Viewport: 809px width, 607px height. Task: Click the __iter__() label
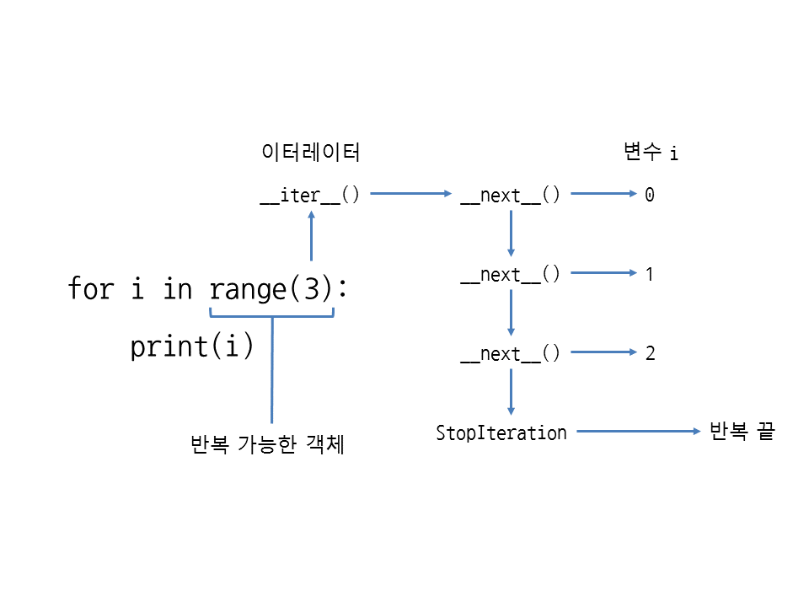point(309,196)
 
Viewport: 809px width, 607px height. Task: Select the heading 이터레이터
point(311,153)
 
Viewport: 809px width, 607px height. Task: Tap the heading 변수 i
point(650,153)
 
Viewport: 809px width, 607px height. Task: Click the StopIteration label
point(501,433)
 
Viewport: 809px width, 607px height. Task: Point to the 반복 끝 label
point(742,432)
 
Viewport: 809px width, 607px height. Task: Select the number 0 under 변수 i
point(650,196)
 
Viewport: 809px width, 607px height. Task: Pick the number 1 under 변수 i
point(650,275)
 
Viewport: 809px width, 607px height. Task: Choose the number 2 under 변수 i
point(650,354)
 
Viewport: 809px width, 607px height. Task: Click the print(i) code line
point(192,346)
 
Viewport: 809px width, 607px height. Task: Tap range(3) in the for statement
point(272,289)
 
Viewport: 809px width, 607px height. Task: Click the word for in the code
point(90,289)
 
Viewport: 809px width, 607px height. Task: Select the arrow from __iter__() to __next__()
point(411,194)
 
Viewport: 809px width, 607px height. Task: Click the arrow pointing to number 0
point(603,194)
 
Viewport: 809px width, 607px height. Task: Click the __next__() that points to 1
point(510,275)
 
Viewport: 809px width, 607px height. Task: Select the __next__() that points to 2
point(510,354)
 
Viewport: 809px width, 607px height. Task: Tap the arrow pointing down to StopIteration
point(511,392)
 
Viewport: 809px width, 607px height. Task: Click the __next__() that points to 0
point(510,196)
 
